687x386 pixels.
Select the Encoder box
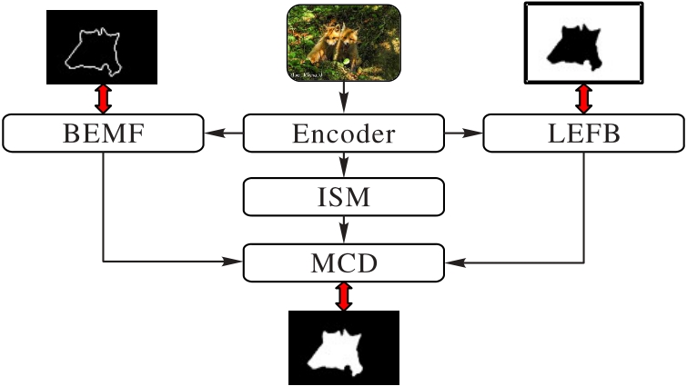[x=344, y=134]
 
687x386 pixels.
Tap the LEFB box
[x=583, y=134]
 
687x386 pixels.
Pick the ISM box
[x=344, y=195]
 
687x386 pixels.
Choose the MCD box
[x=344, y=263]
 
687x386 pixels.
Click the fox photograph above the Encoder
[x=344, y=44]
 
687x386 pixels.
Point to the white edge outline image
[x=102, y=45]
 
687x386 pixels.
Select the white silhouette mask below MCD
[x=343, y=347]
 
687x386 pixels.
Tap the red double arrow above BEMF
[x=103, y=97]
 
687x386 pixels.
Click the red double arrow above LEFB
[x=583, y=97]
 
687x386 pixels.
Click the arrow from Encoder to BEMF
[x=223, y=134]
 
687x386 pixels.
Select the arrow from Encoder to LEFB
[x=464, y=134]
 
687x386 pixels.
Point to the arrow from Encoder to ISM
[x=344, y=164]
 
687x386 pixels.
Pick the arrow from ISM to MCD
[x=344, y=230]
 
